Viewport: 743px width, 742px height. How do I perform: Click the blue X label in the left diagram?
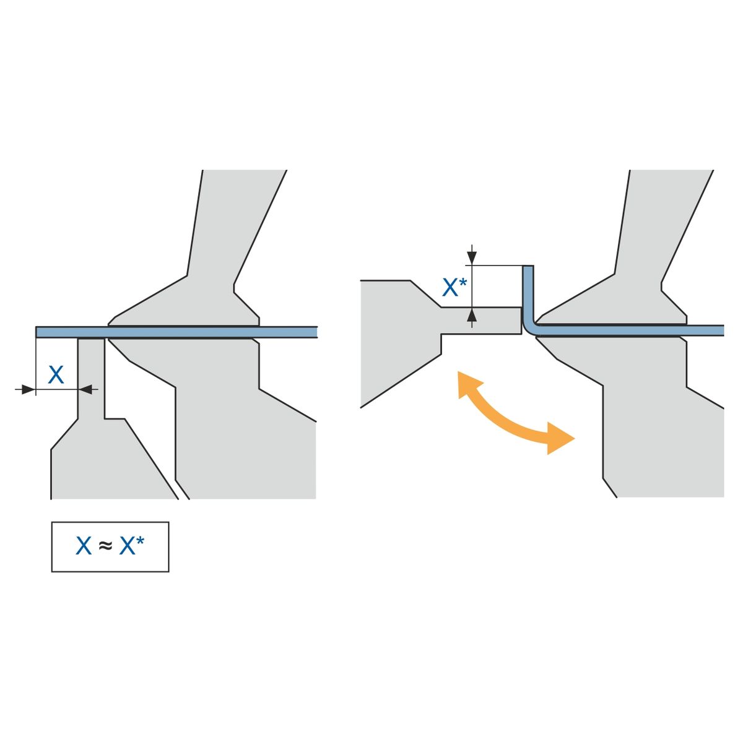56,374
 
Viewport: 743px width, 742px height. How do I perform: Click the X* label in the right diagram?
453,287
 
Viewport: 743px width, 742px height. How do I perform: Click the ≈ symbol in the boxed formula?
105,545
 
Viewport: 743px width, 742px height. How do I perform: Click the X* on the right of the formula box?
132,545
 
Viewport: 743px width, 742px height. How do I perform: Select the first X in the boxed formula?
84,545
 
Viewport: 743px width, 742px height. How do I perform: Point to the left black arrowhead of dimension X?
28,390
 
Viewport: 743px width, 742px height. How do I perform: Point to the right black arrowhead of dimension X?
85,390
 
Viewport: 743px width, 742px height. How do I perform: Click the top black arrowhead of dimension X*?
472,257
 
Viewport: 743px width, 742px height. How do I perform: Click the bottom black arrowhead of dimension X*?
472,315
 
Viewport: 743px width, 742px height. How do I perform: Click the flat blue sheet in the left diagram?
176,332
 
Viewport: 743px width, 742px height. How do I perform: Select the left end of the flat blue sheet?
36,332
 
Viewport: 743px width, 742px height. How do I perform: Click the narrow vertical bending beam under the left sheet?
91,377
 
